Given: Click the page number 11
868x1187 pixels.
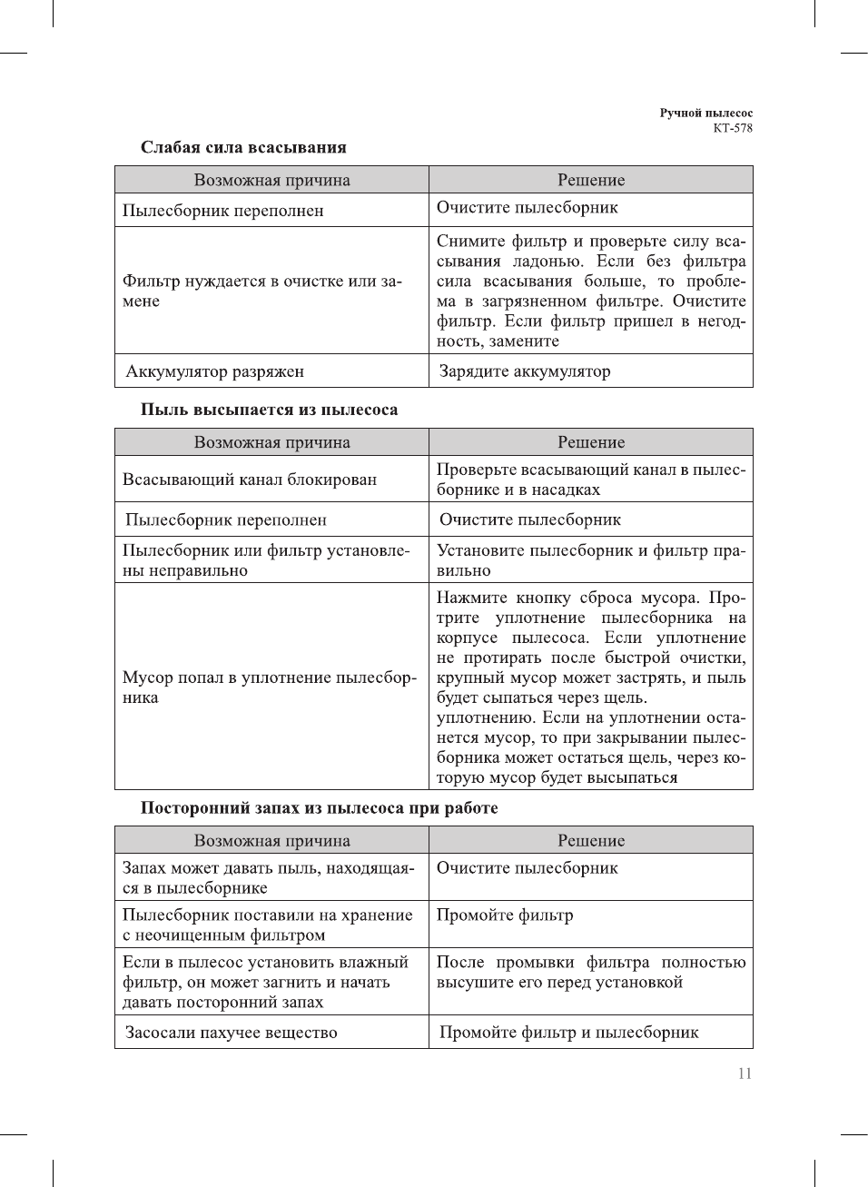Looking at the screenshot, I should [x=745, y=1073].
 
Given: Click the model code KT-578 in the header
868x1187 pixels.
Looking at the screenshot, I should [x=732, y=128].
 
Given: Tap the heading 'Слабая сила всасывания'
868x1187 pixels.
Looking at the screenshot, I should [x=243, y=147].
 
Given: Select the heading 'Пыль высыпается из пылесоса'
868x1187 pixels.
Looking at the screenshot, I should [x=269, y=410].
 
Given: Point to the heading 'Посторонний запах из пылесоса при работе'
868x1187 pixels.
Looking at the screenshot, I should [x=319, y=808].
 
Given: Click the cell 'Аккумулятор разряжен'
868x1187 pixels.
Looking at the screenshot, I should [x=215, y=371].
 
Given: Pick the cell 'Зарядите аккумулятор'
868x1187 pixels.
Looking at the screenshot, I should [x=525, y=371].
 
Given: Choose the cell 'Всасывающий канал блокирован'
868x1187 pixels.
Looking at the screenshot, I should [x=250, y=480].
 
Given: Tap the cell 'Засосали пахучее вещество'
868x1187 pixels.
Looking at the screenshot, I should [x=232, y=1033].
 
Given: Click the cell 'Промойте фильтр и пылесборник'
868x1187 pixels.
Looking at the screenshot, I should [x=569, y=1033].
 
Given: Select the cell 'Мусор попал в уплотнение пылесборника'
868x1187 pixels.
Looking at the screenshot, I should [x=269, y=687].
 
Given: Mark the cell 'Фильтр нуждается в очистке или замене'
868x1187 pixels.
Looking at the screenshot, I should [x=261, y=291].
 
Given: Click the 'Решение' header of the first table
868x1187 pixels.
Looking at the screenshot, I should [x=591, y=180].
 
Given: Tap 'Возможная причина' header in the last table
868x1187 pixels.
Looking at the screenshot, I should [x=271, y=841].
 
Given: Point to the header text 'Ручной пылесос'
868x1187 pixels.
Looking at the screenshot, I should [x=705, y=114].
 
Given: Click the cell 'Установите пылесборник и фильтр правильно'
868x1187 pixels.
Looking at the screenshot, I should [x=590, y=560].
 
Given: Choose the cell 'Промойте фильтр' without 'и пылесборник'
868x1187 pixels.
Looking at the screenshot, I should [x=505, y=915].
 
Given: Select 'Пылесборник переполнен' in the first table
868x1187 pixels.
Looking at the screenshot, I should [x=223, y=211].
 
